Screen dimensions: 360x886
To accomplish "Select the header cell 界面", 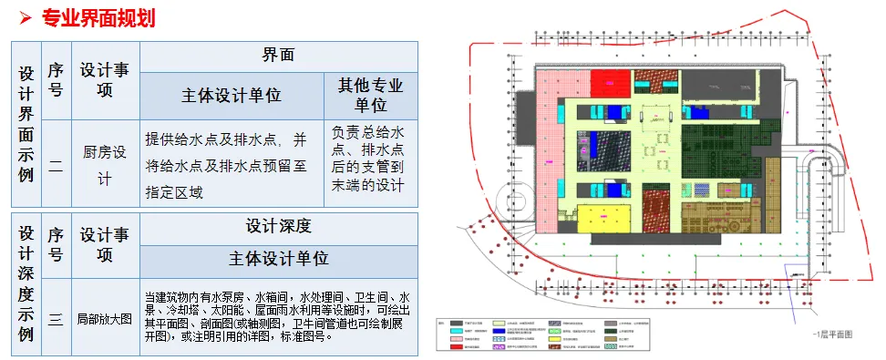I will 277,54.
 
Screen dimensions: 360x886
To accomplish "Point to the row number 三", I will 56,319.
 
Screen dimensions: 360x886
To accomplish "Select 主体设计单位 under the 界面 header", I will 232,96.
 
